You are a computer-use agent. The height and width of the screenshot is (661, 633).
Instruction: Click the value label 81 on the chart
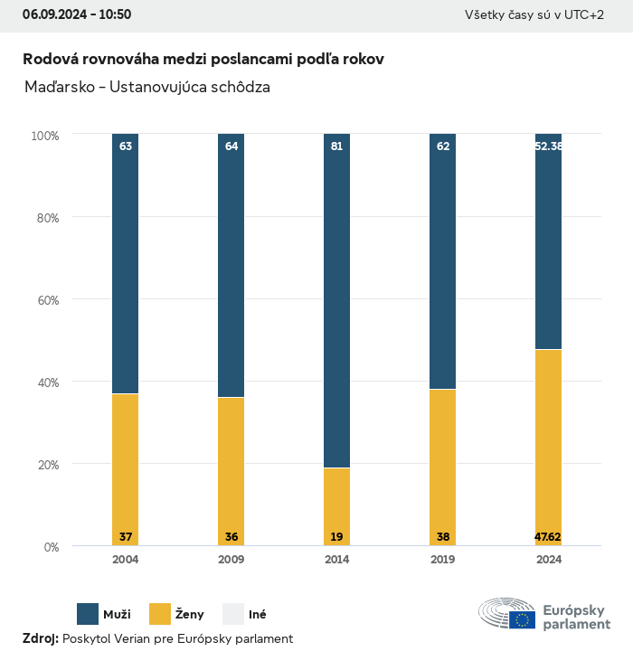336,146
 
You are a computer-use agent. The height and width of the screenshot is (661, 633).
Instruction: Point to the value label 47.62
548,537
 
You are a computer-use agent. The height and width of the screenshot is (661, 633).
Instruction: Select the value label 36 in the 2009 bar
231,537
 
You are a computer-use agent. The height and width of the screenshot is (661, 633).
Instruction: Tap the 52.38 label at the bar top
548,146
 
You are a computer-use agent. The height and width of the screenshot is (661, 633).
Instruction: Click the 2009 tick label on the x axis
231,560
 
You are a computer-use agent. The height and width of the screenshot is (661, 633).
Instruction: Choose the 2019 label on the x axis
442,560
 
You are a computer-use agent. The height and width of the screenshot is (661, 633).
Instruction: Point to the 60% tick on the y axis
45,300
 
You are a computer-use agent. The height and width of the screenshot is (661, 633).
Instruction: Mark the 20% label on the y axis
45,465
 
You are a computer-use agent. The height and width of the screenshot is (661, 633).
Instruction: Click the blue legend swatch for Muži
88,614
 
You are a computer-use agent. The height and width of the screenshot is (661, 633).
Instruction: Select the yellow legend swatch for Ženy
160,614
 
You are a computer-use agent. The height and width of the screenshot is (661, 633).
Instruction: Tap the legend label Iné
257,615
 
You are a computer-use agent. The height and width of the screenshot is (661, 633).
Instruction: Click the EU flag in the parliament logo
522,619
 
